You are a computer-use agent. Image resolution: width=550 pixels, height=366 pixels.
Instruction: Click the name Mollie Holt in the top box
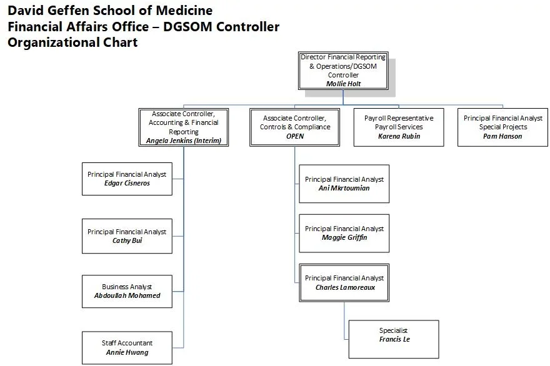point(343,84)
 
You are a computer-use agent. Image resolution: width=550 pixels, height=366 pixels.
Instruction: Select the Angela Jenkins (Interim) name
point(183,141)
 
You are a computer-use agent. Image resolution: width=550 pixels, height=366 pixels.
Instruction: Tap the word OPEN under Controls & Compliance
point(295,136)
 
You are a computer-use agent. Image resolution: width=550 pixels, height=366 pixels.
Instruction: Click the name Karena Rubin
point(399,136)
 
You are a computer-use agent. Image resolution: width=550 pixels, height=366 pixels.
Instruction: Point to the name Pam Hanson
point(502,136)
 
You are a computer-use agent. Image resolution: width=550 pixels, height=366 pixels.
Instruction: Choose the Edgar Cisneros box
point(127,179)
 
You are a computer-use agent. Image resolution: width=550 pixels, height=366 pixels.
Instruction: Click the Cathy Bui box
point(127,236)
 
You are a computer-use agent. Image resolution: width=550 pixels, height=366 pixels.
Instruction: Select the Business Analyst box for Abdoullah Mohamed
point(127,291)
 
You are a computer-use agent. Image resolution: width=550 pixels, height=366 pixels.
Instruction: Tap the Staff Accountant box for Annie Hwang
point(127,347)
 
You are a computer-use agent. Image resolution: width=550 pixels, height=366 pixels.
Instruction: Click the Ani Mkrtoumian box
point(344,184)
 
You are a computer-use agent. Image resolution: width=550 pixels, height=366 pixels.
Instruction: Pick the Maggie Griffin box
point(344,233)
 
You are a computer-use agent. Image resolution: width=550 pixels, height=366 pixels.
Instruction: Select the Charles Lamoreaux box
point(344,282)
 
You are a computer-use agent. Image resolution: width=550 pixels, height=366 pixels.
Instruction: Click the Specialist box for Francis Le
point(394,335)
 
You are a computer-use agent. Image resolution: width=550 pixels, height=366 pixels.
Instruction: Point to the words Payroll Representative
point(399,118)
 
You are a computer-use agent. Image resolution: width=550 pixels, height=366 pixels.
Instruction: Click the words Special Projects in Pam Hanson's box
point(503,127)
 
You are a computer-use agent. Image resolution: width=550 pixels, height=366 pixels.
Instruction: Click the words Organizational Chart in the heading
point(72,42)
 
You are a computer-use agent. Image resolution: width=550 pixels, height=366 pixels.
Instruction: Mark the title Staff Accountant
point(127,343)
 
